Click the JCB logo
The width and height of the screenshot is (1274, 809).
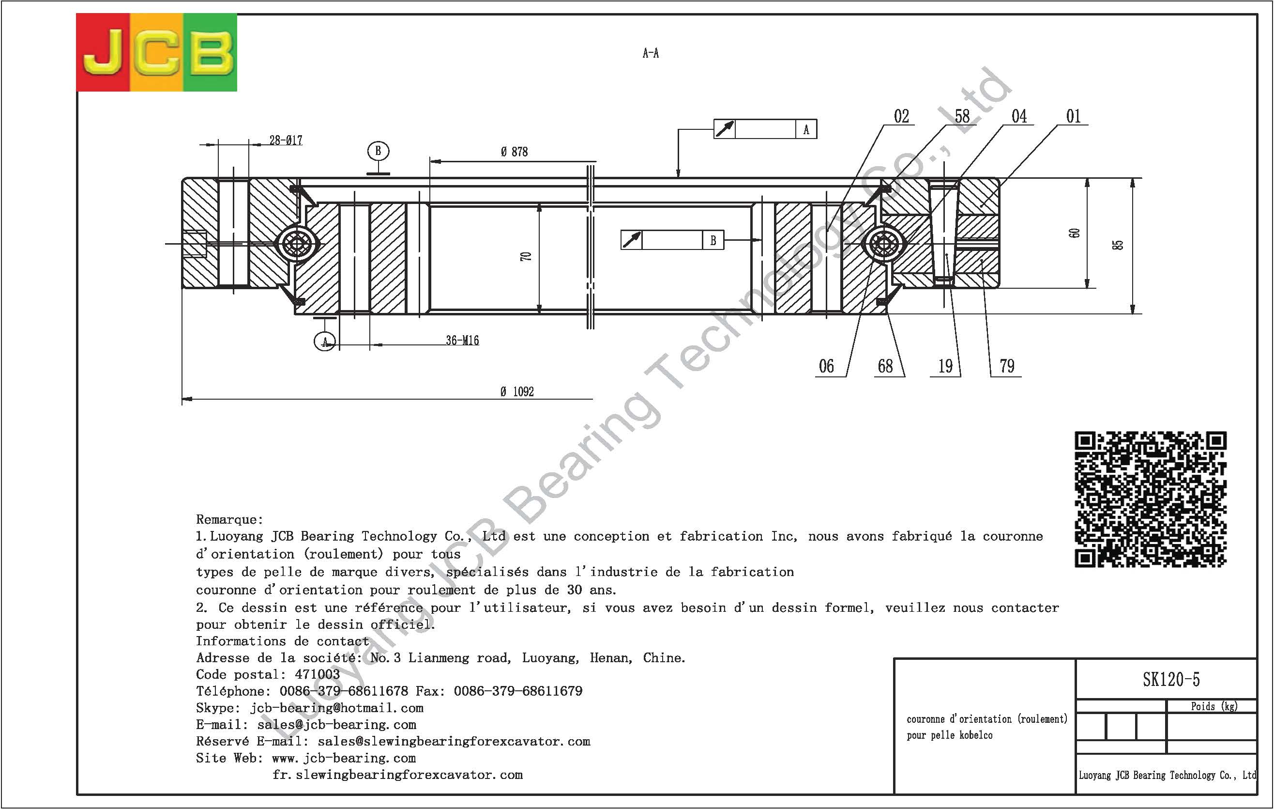coord(157,52)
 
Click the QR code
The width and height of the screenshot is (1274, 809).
coord(1150,499)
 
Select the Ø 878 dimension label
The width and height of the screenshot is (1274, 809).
coord(514,152)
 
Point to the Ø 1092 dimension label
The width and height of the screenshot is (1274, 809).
coord(517,392)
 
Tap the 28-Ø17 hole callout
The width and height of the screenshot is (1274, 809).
coord(286,140)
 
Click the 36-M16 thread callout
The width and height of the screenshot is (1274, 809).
coord(462,341)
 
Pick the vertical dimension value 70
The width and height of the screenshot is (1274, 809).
coord(525,256)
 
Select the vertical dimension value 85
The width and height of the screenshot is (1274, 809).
coord(1117,245)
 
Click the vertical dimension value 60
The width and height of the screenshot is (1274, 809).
coord(1074,233)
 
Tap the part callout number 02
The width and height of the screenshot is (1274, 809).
coord(902,116)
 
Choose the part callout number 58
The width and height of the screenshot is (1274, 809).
coord(962,116)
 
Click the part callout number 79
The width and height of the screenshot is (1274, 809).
coord(1007,366)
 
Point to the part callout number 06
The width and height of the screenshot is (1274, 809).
coord(826,366)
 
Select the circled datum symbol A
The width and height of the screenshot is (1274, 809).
coord(325,342)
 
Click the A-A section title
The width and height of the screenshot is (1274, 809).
coord(651,53)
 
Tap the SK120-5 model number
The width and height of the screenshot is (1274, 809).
coord(1171,680)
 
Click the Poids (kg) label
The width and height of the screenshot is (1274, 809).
coord(1213,707)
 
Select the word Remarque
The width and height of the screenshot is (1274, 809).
coord(228,519)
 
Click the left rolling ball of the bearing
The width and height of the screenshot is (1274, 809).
coord(297,244)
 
